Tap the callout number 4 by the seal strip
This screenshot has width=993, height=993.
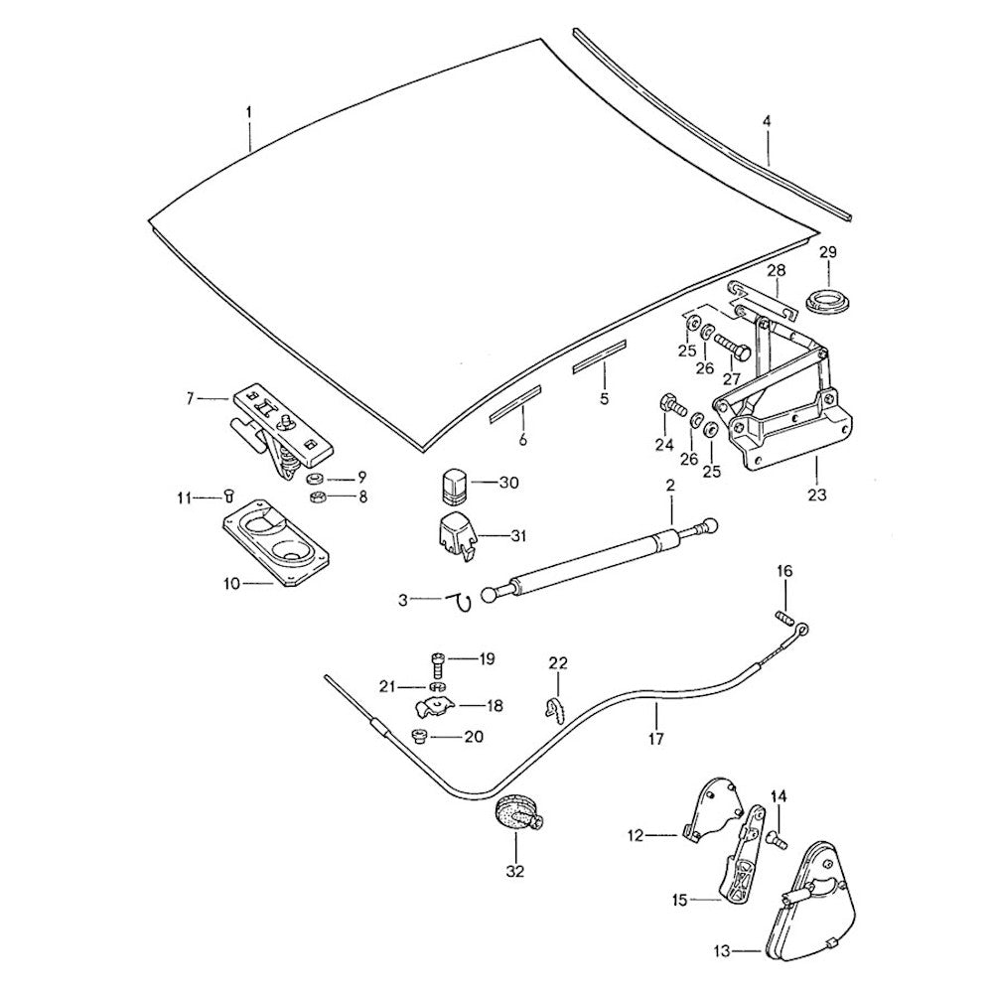[766, 121]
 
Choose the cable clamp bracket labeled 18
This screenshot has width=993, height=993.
[435, 705]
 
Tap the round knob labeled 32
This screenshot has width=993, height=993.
[518, 814]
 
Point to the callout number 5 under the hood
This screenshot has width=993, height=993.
[603, 399]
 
